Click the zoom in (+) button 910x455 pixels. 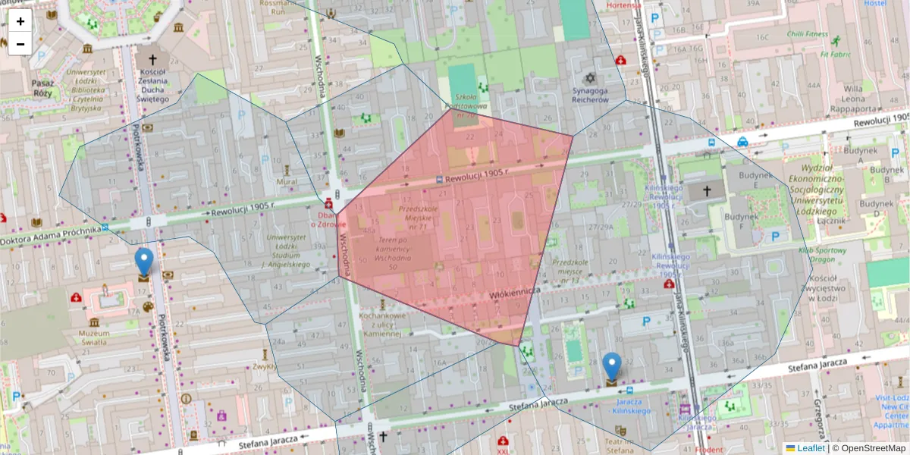point(20,21)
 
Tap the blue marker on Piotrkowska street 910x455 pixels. point(143,263)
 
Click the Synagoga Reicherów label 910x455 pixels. point(590,95)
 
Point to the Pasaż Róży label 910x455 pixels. point(42,88)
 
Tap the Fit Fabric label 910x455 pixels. point(835,55)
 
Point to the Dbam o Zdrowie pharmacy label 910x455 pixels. point(327,219)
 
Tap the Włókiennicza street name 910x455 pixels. point(514,291)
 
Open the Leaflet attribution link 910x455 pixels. point(811,448)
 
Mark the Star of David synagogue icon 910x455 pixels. point(590,78)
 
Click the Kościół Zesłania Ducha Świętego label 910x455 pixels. point(152,86)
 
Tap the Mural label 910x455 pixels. point(287,182)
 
